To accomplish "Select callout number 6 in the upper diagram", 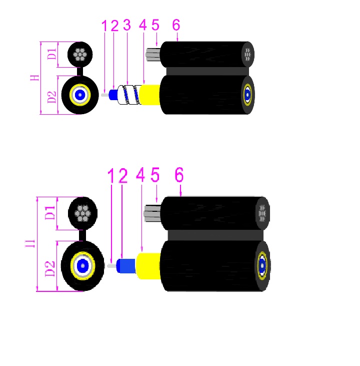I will [175, 25].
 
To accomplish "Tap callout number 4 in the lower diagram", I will [140, 175].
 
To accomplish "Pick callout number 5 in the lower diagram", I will [155, 175].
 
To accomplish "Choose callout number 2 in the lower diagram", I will [122, 175].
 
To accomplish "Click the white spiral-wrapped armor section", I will [127, 94].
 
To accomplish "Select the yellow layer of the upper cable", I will [149, 94].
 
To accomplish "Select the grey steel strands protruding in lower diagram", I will [151, 212].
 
